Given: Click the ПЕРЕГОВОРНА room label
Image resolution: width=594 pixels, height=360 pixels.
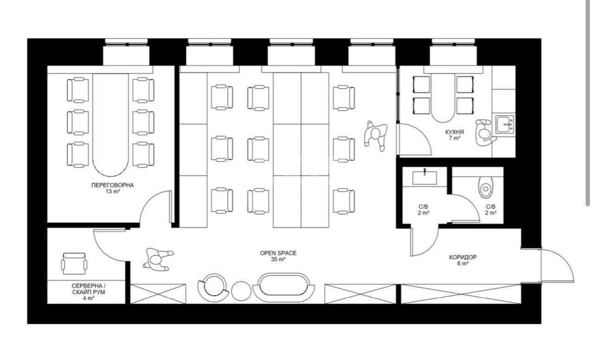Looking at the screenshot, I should [x=112, y=185].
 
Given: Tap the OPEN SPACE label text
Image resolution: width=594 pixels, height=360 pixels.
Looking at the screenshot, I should [x=278, y=253].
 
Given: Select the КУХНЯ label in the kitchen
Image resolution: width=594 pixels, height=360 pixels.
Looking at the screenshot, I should [x=454, y=132].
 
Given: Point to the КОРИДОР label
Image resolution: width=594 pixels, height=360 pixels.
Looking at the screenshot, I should [x=463, y=257].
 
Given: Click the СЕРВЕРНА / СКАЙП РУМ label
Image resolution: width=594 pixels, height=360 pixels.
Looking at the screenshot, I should [x=89, y=289].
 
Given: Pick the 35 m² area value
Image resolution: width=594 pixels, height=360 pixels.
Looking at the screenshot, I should [x=278, y=259].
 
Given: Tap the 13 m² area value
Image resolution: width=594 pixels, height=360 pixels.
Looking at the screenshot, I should [x=112, y=192].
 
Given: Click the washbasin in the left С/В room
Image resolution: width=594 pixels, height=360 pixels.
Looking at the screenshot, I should [x=424, y=177].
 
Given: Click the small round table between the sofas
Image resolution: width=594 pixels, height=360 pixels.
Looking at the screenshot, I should [x=242, y=290].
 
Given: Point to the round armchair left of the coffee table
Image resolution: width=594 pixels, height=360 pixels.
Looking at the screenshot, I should [x=213, y=287].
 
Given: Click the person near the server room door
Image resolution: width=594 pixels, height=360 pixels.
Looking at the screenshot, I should [x=157, y=259].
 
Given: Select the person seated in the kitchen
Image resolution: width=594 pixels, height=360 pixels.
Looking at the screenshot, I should [x=484, y=132].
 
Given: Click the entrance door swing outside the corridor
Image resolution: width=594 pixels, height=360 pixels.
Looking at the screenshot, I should [x=558, y=265].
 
